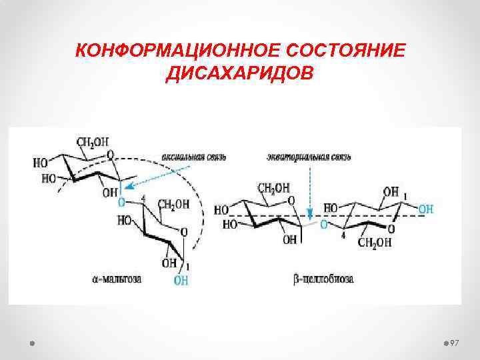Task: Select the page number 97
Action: click(455, 342)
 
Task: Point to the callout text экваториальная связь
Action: click(309, 157)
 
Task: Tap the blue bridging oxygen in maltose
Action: click(121, 201)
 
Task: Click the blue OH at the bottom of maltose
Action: click(181, 281)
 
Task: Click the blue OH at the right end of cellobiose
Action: click(425, 209)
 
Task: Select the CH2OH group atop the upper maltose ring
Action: click(92, 142)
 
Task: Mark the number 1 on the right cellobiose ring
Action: click(405, 195)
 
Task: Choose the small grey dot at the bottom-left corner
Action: click(32, 342)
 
